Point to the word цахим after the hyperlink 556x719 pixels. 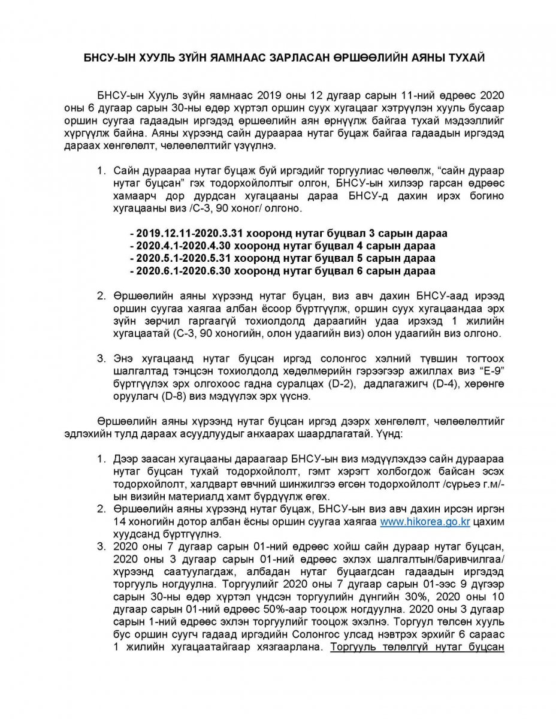pos(489,522)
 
